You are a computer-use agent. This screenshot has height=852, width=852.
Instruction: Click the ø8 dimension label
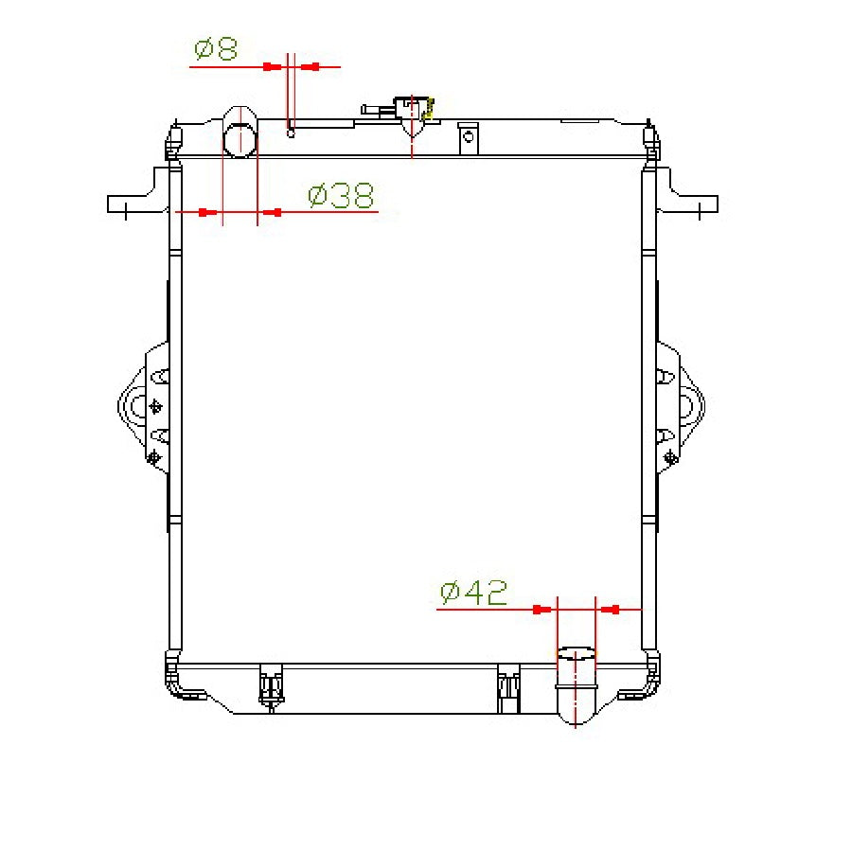(x=216, y=49)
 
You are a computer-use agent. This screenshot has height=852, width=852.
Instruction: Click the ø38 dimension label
(x=341, y=196)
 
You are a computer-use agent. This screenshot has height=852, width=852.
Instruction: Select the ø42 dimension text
(x=473, y=594)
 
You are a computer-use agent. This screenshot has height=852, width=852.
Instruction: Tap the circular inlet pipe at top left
(x=240, y=140)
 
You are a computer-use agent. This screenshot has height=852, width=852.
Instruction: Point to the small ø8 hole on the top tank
(x=292, y=132)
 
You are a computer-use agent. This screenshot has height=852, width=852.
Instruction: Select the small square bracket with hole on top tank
(x=467, y=138)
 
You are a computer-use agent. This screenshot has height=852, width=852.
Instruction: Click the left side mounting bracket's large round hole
(x=138, y=408)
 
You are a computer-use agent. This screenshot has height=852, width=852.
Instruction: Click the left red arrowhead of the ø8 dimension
(x=273, y=66)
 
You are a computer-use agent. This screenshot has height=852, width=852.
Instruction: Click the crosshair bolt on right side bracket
(x=670, y=457)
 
